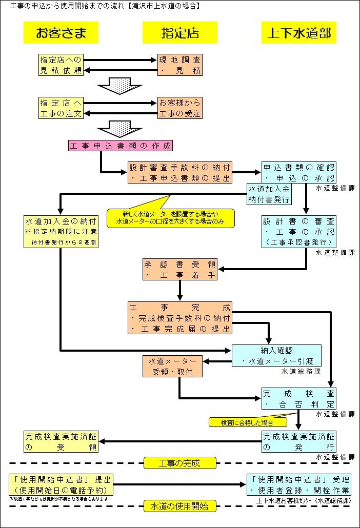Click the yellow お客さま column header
(61, 33)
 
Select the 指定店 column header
(180, 33)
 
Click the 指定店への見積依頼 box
(61, 65)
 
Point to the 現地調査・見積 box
(180, 65)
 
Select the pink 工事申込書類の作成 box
(120, 146)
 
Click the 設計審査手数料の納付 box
(180, 173)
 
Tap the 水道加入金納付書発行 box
(269, 194)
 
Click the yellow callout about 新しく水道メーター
(170, 218)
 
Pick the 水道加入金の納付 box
(61, 232)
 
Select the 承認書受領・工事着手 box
(180, 270)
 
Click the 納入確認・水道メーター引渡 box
(277, 356)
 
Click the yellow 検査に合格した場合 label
(247, 422)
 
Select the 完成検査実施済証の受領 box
(61, 442)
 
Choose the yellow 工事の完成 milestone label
(180, 463)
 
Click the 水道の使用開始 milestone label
(180, 506)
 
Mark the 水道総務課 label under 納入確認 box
(301, 371)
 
